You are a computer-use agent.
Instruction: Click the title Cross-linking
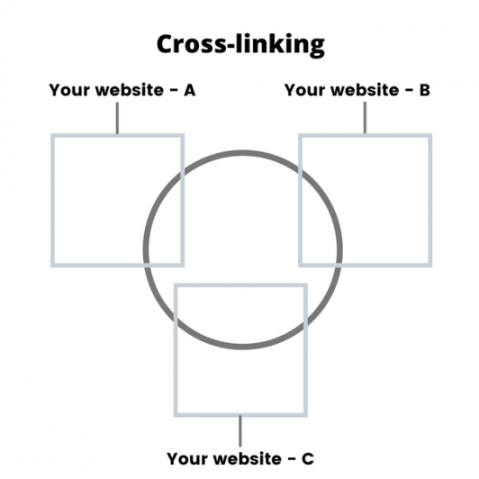(x=240, y=45)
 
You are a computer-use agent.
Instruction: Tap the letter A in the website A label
(x=189, y=90)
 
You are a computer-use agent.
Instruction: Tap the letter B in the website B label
(x=424, y=90)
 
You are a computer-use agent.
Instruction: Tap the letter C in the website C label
(x=308, y=458)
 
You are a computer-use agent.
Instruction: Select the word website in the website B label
(x=365, y=90)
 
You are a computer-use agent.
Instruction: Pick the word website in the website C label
(x=248, y=458)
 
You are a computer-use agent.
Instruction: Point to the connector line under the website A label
(x=117, y=118)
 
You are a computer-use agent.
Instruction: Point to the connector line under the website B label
(x=365, y=118)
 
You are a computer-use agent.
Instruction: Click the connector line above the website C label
(x=240, y=431)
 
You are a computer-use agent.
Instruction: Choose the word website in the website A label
(x=130, y=90)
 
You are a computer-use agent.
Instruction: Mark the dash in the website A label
(x=174, y=91)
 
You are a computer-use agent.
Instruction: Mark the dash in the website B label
(x=409, y=90)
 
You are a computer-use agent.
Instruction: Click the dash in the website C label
(x=292, y=459)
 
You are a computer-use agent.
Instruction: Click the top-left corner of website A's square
(x=52, y=135)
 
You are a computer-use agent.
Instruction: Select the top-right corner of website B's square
(x=430, y=135)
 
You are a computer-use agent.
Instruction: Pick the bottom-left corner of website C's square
(x=176, y=415)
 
